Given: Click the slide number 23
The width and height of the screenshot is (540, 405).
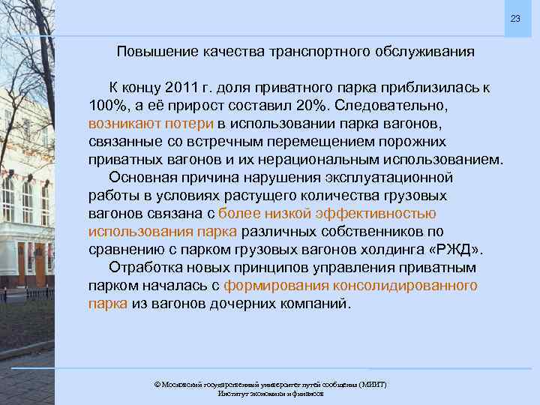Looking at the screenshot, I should pos(514,18).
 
